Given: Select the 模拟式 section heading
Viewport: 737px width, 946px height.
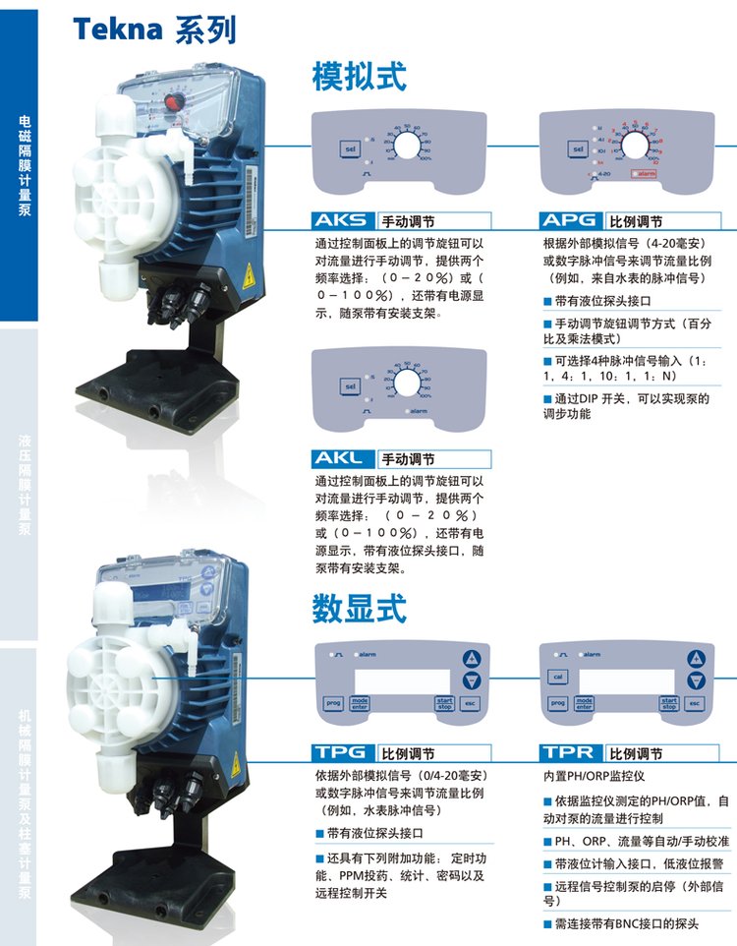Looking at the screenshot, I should click(x=359, y=76).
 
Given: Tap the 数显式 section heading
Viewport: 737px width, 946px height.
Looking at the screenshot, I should click(x=359, y=608).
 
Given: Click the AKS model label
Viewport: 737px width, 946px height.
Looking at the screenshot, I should click(x=341, y=220).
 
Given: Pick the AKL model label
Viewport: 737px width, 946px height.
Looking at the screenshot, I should click(x=341, y=458).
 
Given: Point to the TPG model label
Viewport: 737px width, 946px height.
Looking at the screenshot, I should click(x=341, y=753).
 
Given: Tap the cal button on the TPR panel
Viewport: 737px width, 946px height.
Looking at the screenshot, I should click(x=556, y=678).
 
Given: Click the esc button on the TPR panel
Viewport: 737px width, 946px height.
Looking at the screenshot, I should click(x=695, y=703).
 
